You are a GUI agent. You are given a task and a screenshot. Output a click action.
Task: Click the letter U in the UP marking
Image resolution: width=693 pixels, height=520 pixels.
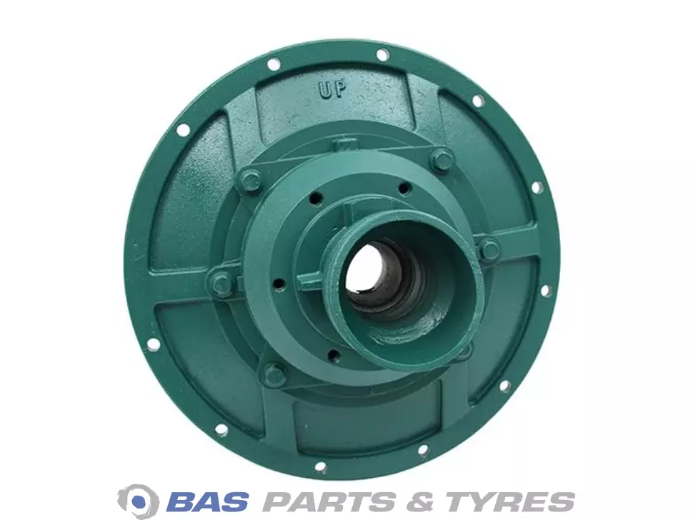325,91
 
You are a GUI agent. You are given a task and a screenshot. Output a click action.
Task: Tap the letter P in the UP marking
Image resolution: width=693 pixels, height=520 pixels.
339,89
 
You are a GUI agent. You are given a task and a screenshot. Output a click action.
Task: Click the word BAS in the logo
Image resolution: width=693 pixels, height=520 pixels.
209,501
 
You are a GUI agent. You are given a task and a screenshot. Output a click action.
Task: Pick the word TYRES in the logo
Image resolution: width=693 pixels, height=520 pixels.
510,501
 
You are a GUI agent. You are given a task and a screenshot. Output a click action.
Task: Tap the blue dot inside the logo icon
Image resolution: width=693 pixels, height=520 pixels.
139,501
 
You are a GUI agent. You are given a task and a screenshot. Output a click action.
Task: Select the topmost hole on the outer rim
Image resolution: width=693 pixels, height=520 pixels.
382,54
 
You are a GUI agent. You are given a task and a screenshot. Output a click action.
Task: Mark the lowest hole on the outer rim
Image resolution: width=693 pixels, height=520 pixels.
321,467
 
